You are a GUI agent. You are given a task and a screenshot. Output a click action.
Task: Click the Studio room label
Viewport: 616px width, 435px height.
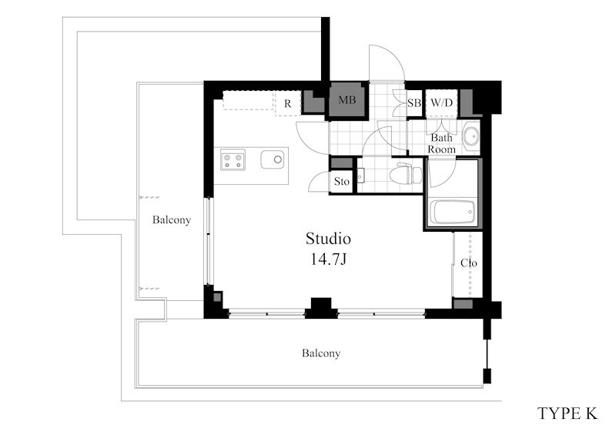point(328,239)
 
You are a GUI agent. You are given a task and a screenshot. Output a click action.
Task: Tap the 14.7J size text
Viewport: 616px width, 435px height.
point(328,259)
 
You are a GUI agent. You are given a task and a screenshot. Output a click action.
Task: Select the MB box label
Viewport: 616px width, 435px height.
point(347,100)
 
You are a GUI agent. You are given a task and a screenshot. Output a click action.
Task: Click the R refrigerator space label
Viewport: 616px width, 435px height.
point(288,104)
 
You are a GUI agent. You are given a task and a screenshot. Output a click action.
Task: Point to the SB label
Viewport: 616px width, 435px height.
point(414,103)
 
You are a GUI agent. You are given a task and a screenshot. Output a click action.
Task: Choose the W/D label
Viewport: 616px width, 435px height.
point(441,103)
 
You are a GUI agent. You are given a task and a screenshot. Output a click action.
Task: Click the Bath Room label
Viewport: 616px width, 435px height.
point(441,143)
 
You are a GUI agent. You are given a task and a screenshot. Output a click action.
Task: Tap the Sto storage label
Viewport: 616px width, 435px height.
point(341,182)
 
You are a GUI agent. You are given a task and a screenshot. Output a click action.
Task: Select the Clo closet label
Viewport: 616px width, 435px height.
point(469,263)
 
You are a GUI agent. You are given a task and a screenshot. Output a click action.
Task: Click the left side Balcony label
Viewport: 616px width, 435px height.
point(172,219)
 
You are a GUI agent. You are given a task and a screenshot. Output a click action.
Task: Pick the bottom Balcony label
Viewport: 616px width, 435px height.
point(321,353)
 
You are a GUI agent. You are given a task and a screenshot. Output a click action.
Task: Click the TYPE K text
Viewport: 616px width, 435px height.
point(567,413)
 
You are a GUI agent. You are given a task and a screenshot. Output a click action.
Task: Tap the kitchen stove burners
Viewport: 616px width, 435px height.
point(233,159)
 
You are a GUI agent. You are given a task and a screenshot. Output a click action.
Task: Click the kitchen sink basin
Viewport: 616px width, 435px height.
point(273,159)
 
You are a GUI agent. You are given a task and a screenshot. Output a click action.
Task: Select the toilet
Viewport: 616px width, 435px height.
point(406,173)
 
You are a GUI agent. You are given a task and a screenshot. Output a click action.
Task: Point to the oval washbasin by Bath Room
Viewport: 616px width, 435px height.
point(470,137)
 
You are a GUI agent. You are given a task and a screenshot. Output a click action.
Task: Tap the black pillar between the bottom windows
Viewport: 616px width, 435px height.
point(321,308)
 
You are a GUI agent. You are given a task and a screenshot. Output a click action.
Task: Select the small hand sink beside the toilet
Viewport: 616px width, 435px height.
point(361,176)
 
